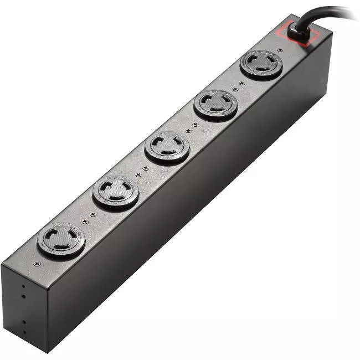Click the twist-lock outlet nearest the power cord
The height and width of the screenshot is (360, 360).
click(261, 64)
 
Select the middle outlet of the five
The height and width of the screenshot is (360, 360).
click(167, 147)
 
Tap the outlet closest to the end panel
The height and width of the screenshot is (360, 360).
click(61, 240)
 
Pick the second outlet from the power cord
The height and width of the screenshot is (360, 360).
click(215, 104)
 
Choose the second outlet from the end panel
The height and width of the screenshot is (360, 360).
click(116, 192)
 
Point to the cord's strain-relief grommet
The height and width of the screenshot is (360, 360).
click(297, 33)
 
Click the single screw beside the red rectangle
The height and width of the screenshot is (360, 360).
click(280, 50)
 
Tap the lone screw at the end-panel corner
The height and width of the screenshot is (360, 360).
click(37, 264)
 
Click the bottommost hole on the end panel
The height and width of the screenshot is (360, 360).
click(24, 332)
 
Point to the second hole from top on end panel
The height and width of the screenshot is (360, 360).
click(23, 296)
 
